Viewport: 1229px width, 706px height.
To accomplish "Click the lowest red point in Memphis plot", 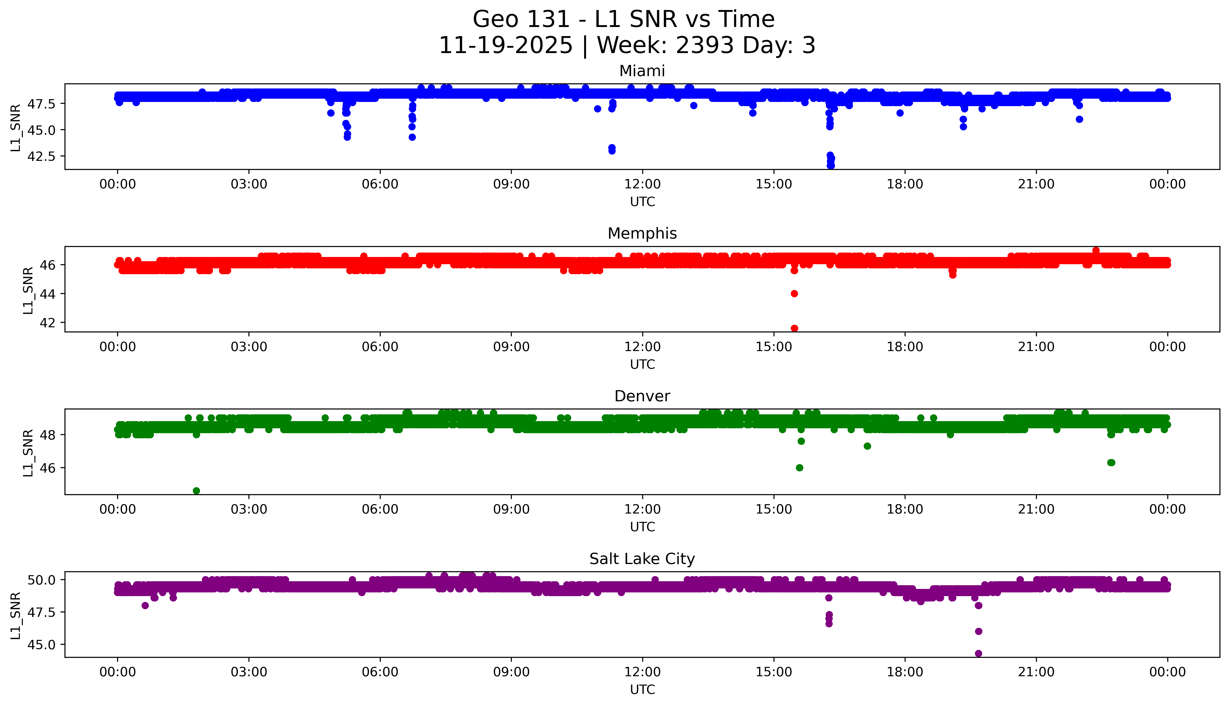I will coord(794,328).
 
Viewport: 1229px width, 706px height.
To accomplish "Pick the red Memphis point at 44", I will coord(794,293).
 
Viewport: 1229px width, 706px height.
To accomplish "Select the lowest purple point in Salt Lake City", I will coord(978,653).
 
